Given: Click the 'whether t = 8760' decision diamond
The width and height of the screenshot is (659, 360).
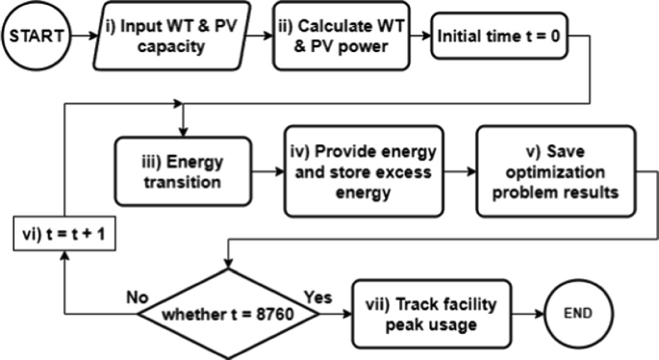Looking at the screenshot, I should (x=226, y=314).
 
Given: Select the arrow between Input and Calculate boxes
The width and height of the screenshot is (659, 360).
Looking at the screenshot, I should (x=257, y=39).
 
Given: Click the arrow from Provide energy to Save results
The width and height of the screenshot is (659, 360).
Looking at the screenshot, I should (x=454, y=170).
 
